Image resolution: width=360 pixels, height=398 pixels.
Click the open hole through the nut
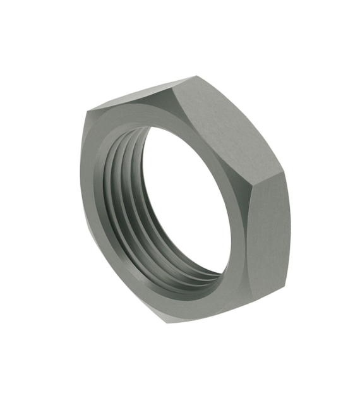coord(183,202)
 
